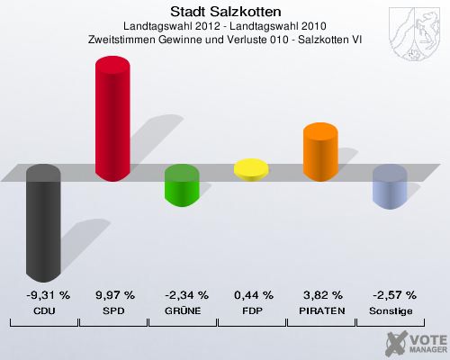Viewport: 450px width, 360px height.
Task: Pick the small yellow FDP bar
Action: pos(251,168)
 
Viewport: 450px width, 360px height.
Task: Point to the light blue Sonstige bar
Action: pos(390,187)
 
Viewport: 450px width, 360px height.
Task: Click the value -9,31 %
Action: pos(44,294)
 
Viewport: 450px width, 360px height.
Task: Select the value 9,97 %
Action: pos(114,294)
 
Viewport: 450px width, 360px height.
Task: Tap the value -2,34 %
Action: pos(184,294)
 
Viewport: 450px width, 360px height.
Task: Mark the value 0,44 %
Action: pos(253,294)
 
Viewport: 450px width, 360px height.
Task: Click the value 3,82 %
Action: pos(322,294)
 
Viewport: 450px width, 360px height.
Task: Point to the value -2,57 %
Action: pos(392,294)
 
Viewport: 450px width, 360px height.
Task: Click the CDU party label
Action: pos(44,310)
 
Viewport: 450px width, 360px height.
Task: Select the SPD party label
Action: pos(114,310)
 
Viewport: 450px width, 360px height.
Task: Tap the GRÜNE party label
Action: pos(184,310)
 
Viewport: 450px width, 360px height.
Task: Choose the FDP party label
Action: pos(253,310)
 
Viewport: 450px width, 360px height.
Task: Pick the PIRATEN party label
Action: pos(322,310)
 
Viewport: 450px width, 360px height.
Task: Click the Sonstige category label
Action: pos(392,310)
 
